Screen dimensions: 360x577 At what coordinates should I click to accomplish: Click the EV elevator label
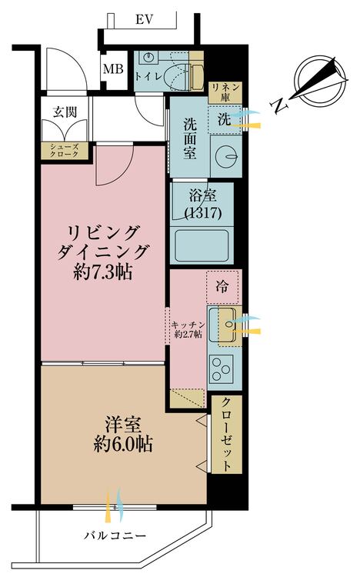pyautogui.click(x=144, y=19)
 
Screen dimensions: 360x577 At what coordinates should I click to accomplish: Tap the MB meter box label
pyautogui.click(x=112, y=68)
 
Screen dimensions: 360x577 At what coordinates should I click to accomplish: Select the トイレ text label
pyautogui.click(x=148, y=76)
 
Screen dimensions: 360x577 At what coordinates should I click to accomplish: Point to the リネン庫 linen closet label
pyautogui.click(x=225, y=92)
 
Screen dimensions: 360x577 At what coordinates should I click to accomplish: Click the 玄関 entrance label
pyautogui.click(x=65, y=111)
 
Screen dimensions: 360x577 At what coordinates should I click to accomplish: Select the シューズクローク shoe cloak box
pyautogui.click(x=65, y=151)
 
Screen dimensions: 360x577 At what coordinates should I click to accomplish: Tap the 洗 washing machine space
pyautogui.click(x=224, y=119)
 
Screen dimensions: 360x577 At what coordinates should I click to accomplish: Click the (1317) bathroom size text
pyautogui.click(x=203, y=213)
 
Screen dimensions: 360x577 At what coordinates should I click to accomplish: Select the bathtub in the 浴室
pyautogui.click(x=202, y=245)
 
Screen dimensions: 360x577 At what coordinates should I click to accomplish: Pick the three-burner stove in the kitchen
pyautogui.click(x=222, y=368)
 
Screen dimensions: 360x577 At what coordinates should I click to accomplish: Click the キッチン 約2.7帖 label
pyautogui.click(x=188, y=330)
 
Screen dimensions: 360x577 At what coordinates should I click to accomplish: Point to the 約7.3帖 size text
pyautogui.click(x=102, y=272)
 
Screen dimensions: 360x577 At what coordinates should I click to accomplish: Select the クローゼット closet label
pyautogui.click(x=226, y=434)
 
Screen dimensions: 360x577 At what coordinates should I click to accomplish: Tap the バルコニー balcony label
pyautogui.click(x=115, y=535)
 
